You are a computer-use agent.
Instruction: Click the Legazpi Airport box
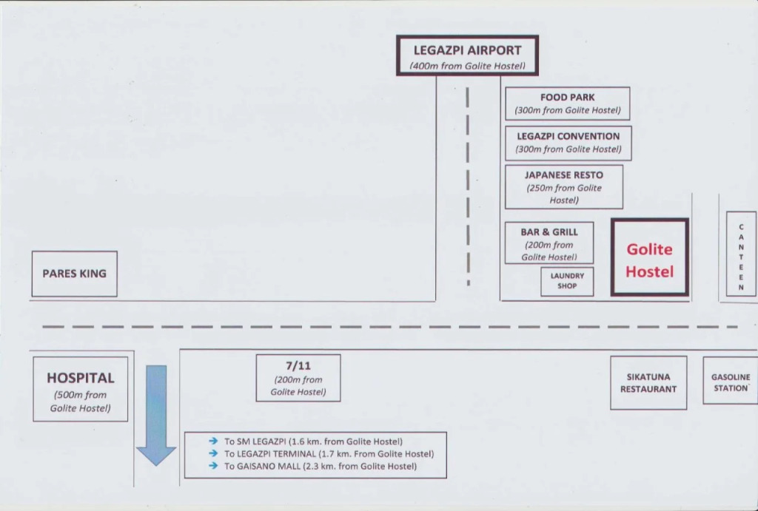[x=467, y=55]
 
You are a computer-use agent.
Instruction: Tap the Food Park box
[x=567, y=104]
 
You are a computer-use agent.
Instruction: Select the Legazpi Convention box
[x=568, y=143]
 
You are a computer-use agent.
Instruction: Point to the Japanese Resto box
[x=563, y=186]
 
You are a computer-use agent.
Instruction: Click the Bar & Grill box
[x=549, y=243]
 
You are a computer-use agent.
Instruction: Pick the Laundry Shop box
[x=567, y=281]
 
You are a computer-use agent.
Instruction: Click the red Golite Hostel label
[x=649, y=260]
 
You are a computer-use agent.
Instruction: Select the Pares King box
[x=74, y=274]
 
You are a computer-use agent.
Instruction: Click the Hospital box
[x=80, y=389]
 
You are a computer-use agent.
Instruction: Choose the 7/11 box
[x=298, y=378]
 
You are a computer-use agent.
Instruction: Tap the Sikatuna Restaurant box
[x=648, y=382]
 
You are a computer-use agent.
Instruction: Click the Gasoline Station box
[x=730, y=382]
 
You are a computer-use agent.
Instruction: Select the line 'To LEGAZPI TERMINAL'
[x=329, y=453]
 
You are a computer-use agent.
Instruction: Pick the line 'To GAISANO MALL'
[x=320, y=466]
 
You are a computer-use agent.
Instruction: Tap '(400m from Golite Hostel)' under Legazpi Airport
[x=467, y=66]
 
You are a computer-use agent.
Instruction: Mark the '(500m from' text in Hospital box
[x=80, y=395]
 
